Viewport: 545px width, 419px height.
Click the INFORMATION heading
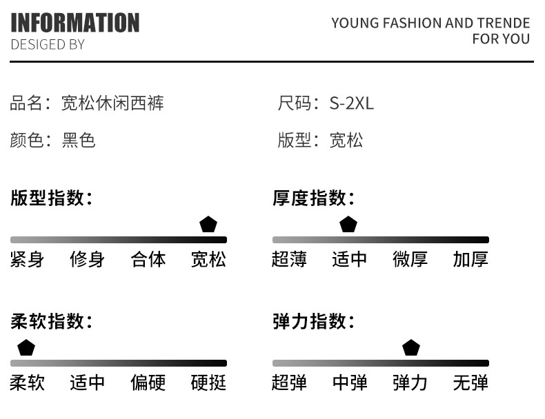tap(75, 23)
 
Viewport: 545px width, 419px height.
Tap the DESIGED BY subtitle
tap(48, 45)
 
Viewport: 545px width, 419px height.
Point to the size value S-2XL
tap(351, 104)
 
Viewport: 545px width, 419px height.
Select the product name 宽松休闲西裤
tap(112, 104)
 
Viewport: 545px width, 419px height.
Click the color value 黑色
tap(79, 141)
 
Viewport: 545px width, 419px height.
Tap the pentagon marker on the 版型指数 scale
tap(208, 225)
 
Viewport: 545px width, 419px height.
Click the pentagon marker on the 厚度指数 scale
tap(348, 225)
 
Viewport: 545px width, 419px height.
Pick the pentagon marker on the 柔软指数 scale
tap(26, 348)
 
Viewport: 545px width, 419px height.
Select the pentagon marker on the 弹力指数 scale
tap(411, 348)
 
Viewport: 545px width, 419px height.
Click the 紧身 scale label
tap(28, 260)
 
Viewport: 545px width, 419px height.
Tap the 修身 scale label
tap(88, 260)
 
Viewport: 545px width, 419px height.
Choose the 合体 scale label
tap(148, 260)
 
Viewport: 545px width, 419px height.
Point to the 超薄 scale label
tap(290, 260)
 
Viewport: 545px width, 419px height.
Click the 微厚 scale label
tap(410, 260)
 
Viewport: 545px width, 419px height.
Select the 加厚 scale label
tap(470, 260)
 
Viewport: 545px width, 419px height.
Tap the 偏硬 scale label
tap(148, 383)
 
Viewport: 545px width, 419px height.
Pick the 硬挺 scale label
tap(208, 383)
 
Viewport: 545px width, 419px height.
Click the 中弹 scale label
tap(350, 383)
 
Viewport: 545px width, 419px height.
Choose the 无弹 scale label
tap(470, 383)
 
